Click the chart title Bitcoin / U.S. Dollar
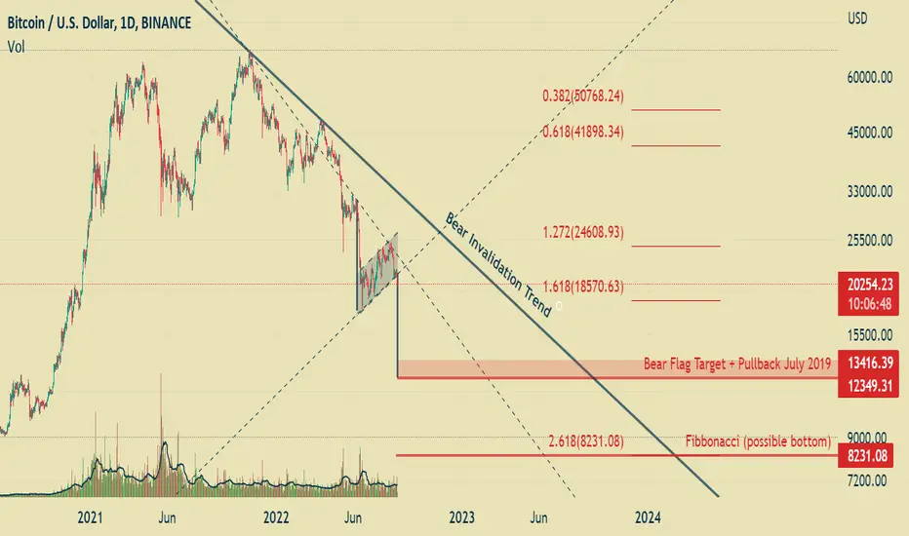[60, 23]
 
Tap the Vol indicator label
[17, 47]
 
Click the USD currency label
[857, 19]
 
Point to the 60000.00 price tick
[869, 77]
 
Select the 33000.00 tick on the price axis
[870, 191]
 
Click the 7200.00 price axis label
[867, 479]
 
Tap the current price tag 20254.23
[868, 284]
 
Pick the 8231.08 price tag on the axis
[867, 456]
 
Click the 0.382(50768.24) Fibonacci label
[583, 96]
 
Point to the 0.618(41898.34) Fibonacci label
[583, 133]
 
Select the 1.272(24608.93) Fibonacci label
[583, 232]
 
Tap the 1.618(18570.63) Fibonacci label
[583, 287]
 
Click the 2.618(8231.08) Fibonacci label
[586, 441]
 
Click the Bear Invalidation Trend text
[498, 264]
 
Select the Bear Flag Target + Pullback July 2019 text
[736, 364]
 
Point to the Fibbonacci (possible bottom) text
[758, 441]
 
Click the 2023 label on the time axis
[461, 517]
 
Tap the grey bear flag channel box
[376, 272]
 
